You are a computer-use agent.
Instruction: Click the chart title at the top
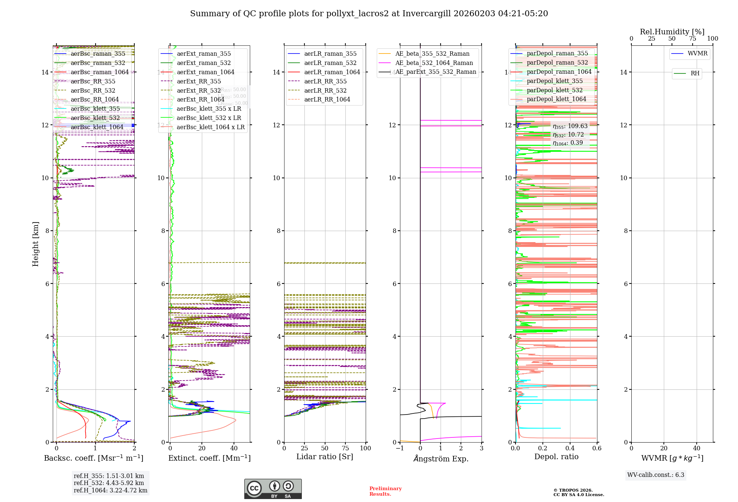coord(369,14)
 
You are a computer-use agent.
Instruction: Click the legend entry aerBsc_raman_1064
coord(100,72)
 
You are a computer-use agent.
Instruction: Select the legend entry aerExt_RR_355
coord(199,81)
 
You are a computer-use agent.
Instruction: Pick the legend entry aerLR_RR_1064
coord(327,99)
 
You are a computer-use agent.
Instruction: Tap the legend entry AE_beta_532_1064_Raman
coord(434,63)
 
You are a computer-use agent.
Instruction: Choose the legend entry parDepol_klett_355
coord(555,81)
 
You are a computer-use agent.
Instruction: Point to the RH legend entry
coord(695,73)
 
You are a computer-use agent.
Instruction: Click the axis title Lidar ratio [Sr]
coord(325,457)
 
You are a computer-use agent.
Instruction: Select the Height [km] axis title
coord(35,244)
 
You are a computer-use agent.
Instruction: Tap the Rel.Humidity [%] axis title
coord(672,32)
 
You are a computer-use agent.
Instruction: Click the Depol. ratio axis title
coord(556,457)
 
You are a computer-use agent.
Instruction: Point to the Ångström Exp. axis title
coord(441,458)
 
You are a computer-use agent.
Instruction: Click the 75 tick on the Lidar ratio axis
coord(345,448)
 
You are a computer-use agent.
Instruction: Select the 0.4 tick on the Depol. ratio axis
coord(570,448)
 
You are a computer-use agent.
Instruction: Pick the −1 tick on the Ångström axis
coord(400,448)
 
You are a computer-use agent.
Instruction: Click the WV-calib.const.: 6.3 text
coord(656,475)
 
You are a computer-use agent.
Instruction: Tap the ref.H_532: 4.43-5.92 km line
coord(109,483)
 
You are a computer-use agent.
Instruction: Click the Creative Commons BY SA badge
coord(273,489)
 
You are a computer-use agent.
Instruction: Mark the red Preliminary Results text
coord(385,491)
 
